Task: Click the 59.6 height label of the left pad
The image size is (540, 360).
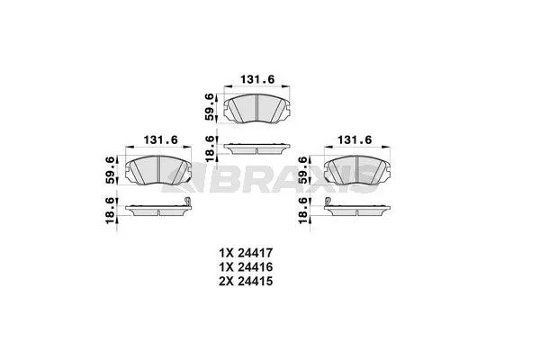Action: [x=112, y=168]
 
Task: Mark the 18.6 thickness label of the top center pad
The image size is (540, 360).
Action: [x=210, y=147]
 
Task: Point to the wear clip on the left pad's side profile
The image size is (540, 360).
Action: [x=188, y=205]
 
